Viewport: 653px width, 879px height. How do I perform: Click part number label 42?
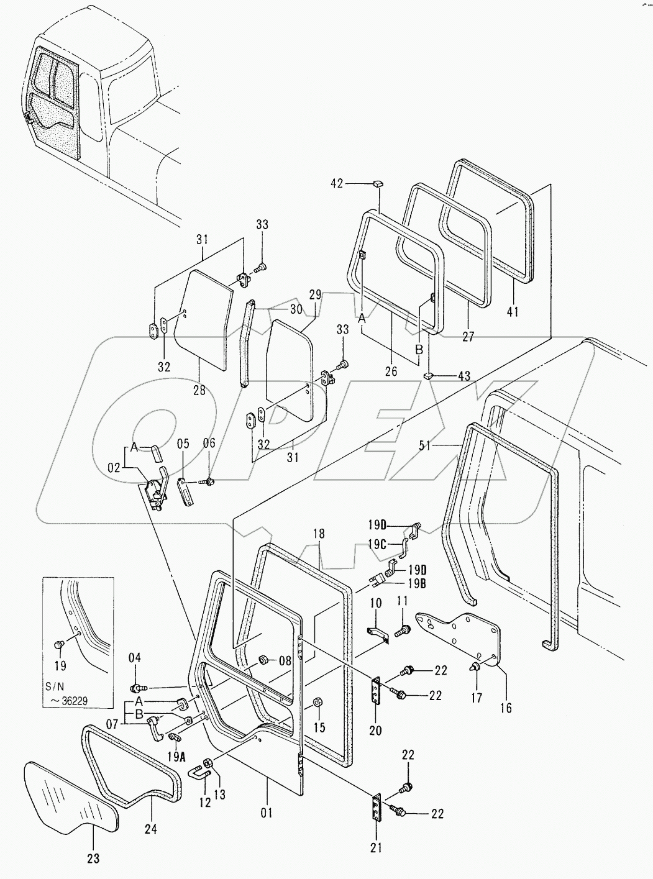[x=336, y=183]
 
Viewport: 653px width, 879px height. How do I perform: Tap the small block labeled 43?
[x=428, y=376]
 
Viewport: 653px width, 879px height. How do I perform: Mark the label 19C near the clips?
[x=377, y=544]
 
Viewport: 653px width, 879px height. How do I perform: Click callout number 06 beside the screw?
[x=209, y=442]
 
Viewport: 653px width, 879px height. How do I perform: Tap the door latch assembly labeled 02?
[x=156, y=491]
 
